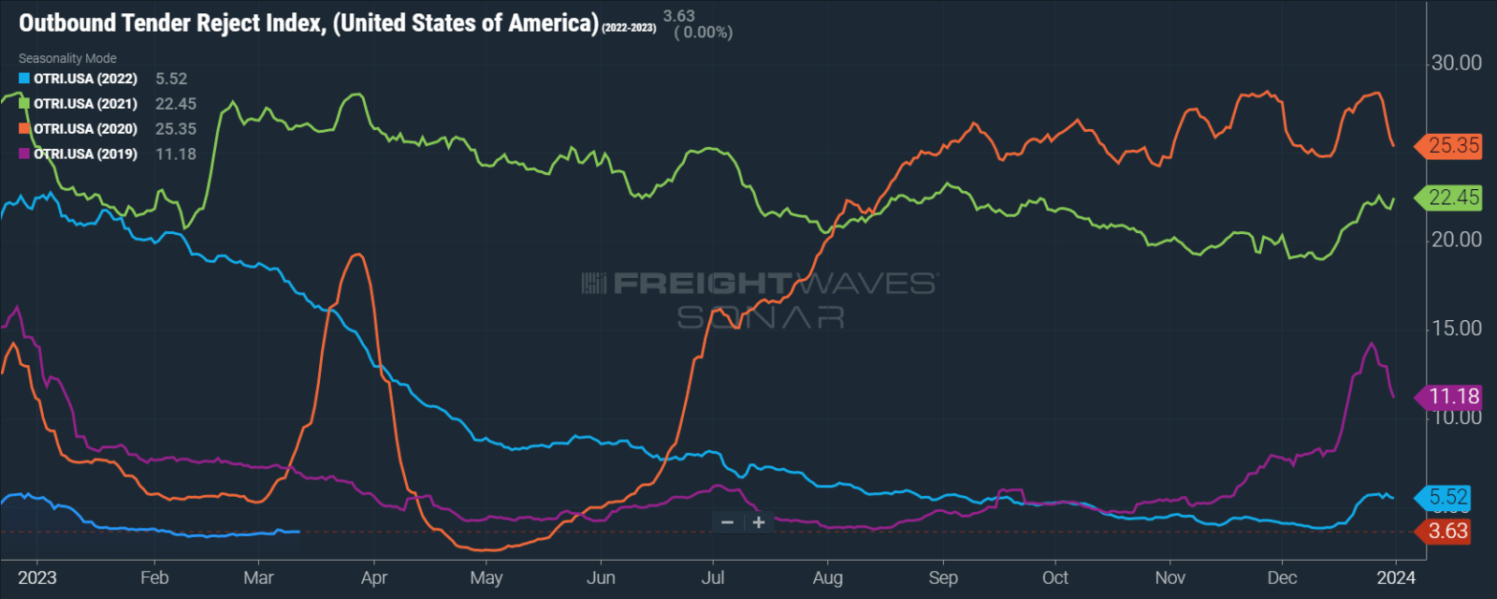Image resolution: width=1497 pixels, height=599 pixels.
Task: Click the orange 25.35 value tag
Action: pyautogui.click(x=1453, y=146)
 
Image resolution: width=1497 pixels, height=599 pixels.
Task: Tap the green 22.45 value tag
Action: pyautogui.click(x=1453, y=197)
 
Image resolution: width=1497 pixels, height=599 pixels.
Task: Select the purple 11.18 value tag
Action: pyautogui.click(x=1453, y=397)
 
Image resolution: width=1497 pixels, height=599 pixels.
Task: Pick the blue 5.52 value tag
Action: pyautogui.click(x=1447, y=498)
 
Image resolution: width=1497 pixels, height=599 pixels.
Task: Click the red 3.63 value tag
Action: pyautogui.click(x=1447, y=532)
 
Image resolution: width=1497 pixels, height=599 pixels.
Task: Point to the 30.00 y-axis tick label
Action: pyautogui.click(x=1457, y=63)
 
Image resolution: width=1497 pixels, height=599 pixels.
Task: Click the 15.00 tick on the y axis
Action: pyautogui.click(x=1457, y=329)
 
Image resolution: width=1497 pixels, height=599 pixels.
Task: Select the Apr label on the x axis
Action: pyautogui.click(x=374, y=577)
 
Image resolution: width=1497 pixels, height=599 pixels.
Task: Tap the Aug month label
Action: pyautogui.click(x=828, y=577)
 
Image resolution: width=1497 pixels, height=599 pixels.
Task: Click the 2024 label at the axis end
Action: pyautogui.click(x=1396, y=577)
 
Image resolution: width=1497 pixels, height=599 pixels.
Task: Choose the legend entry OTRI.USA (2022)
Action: pyautogui.click(x=85, y=79)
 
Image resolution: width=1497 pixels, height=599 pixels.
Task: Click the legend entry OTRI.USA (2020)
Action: pyautogui.click(x=85, y=129)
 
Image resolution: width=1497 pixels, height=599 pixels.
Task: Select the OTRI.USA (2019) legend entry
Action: pyautogui.click(x=85, y=153)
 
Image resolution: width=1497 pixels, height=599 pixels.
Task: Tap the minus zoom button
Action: pyautogui.click(x=727, y=522)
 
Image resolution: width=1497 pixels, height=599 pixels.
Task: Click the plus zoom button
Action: pyautogui.click(x=759, y=522)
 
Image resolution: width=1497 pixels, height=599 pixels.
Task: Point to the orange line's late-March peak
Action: pyautogui.click(x=356, y=255)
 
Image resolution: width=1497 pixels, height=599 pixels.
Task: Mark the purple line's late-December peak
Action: pyautogui.click(x=1372, y=343)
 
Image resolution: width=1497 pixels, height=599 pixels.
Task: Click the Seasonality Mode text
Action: pyautogui.click(x=67, y=58)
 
